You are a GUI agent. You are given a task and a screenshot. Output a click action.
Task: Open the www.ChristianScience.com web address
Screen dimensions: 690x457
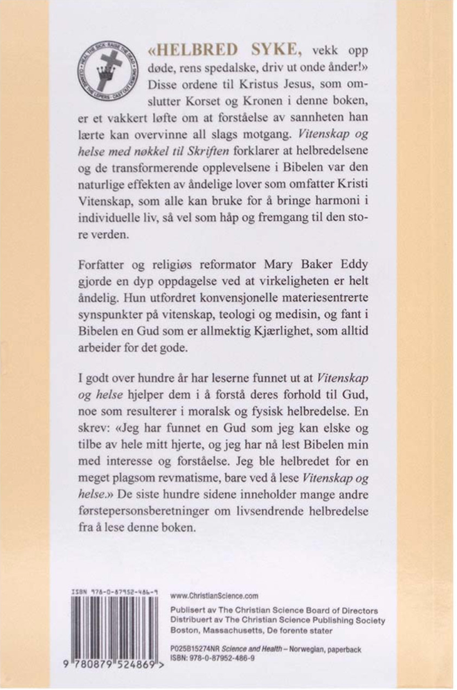pyautogui.click(x=214, y=594)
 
